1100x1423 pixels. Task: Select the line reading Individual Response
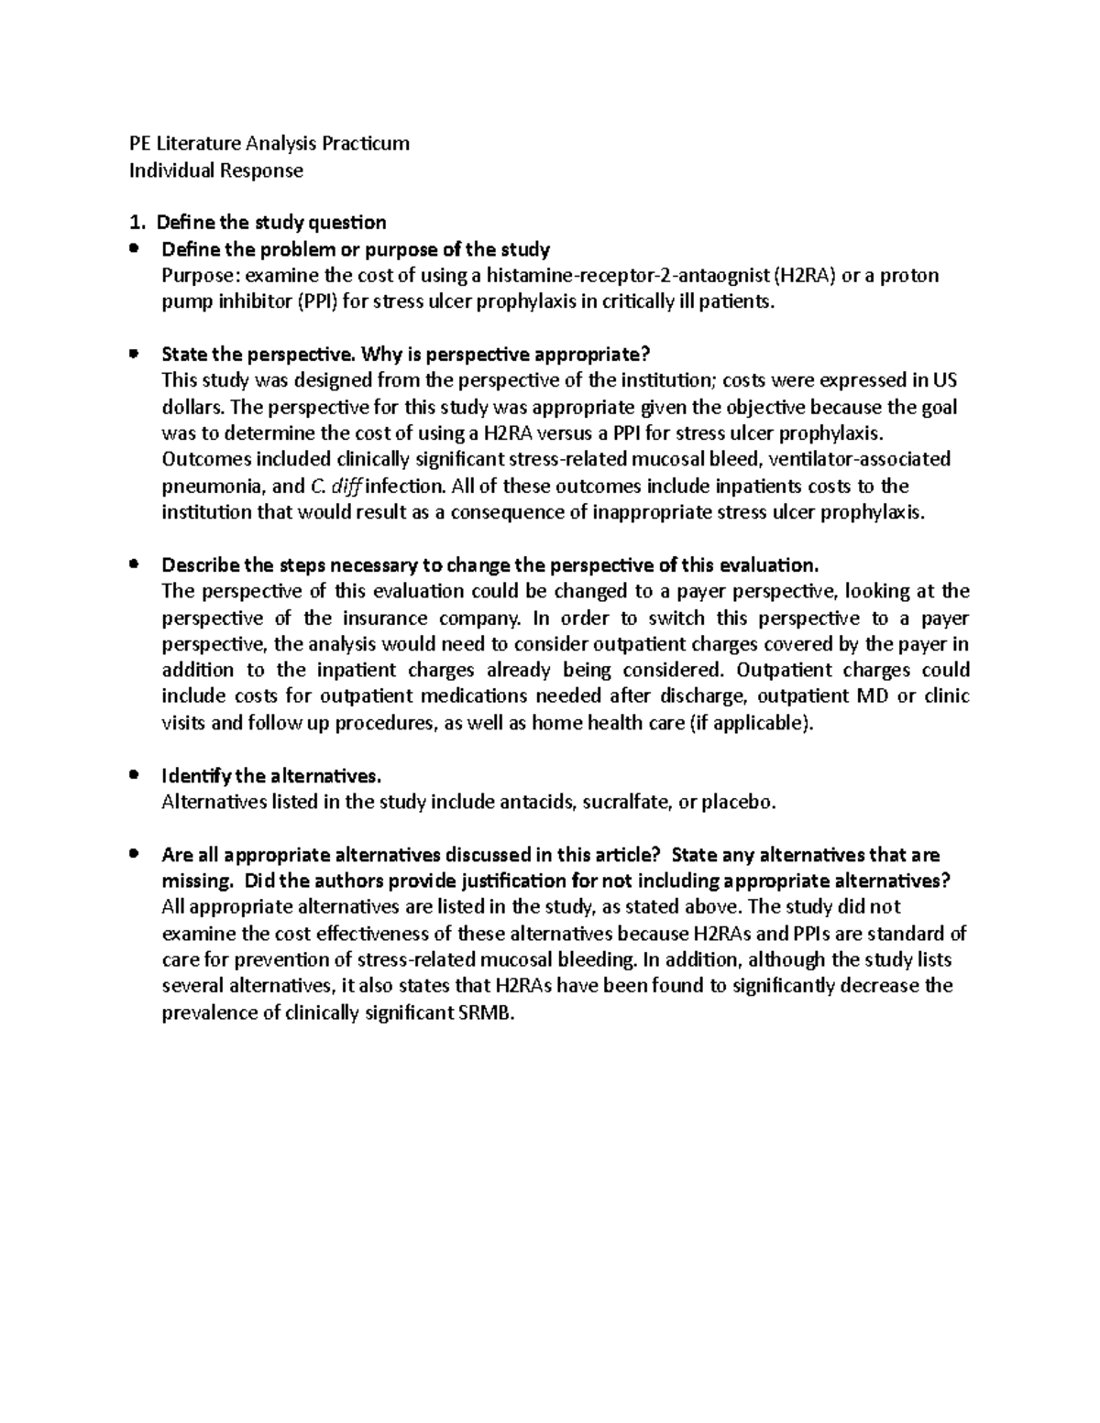click(215, 170)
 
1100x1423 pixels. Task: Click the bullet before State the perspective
click(134, 353)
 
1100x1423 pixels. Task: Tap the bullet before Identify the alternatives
click(134, 775)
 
